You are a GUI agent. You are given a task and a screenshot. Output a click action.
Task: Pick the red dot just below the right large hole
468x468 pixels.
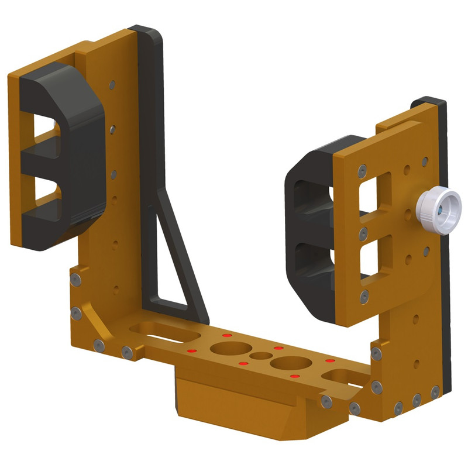(294, 376)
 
